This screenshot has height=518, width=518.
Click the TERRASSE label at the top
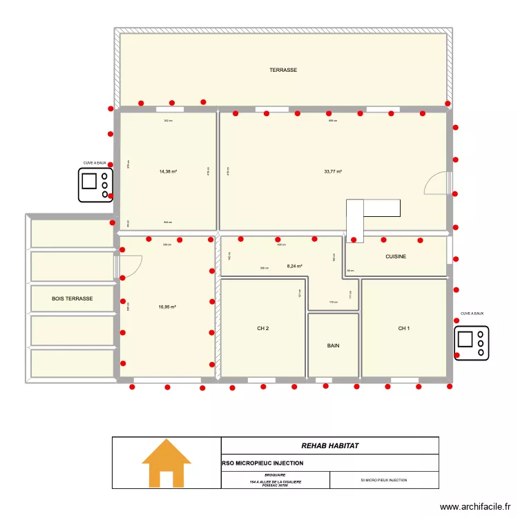pyautogui.click(x=283, y=70)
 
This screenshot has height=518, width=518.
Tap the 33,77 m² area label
pyautogui.click(x=333, y=171)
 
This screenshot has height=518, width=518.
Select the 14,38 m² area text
pyautogui.click(x=168, y=171)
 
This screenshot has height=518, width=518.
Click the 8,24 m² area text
pyautogui.click(x=295, y=265)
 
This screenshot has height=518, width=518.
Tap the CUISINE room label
pyautogui.click(x=396, y=257)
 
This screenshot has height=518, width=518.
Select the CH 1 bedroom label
pyautogui.click(x=403, y=329)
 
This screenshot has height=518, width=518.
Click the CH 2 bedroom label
pyautogui.click(x=262, y=329)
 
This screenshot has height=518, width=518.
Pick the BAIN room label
pyautogui.click(x=333, y=346)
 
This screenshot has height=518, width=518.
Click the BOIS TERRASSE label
pyautogui.click(x=72, y=298)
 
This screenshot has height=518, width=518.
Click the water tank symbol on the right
pyautogui.click(x=472, y=342)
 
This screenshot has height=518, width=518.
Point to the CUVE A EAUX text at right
pyautogui.click(x=472, y=314)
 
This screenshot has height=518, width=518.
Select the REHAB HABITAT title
pyautogui.click(x=329, y=446)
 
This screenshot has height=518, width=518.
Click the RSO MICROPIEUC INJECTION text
pyautogui.click(x=262, y=463)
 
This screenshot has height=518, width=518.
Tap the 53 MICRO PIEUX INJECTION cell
pyautogui.click(x=384, y=480)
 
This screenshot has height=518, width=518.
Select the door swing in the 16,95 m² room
pyautogui.click(x=131, y=265)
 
